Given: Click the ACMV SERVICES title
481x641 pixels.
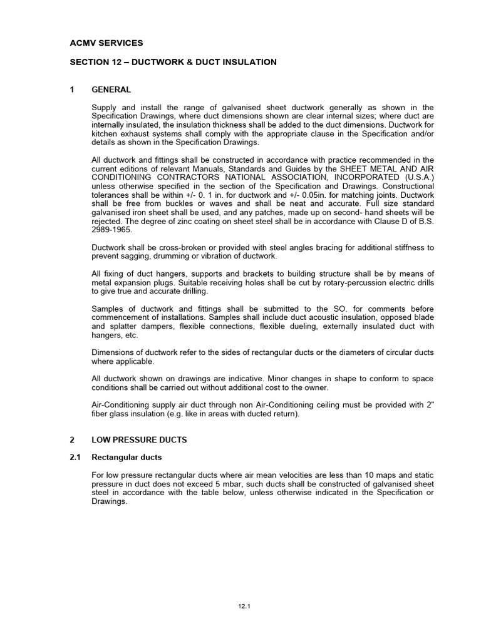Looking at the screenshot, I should click(106, 43).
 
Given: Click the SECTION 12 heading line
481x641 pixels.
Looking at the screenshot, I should click(173, 62).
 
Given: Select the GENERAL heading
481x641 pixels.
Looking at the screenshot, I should click(111, 90).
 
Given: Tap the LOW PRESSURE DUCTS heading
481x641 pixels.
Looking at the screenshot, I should click(139, 440).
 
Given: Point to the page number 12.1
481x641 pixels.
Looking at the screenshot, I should click(244, 607).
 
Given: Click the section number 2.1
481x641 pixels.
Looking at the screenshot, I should click(75, 458).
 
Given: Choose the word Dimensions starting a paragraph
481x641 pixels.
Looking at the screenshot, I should click(115, 352).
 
